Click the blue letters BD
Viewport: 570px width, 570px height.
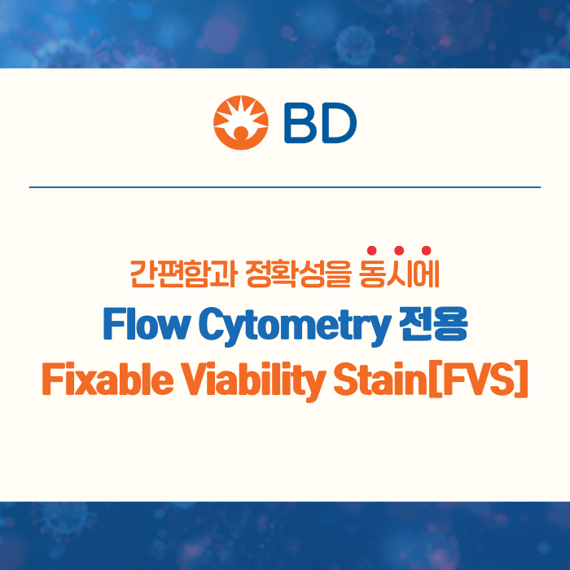click(320, 122)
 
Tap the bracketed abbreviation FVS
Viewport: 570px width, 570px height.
click(476, 380)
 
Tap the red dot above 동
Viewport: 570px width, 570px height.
click(371, 250)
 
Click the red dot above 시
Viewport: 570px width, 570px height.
click(399, 250)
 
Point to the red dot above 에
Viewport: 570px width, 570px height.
click(426, 250)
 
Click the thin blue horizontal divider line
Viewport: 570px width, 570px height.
click(285, 187)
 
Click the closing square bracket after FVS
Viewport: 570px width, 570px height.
click(521, 380)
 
